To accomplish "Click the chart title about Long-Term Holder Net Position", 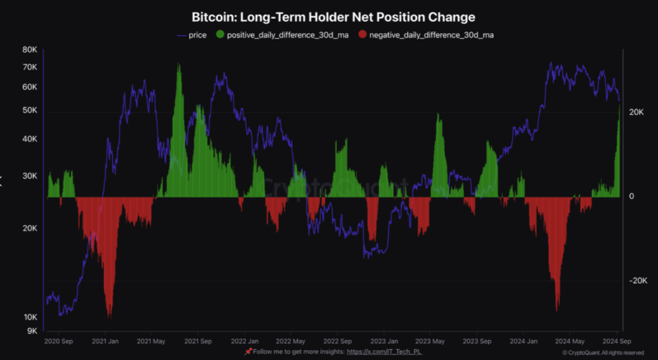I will coord(333,18).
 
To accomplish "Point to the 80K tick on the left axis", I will coord(29,49).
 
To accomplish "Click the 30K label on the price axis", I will coord(29,176).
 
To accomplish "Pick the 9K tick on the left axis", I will coord(31,331).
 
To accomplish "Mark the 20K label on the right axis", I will coord(636,113).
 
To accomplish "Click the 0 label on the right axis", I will coord(631,196).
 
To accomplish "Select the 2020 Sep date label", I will coord(59,341).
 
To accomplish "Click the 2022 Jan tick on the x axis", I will coord(245,341).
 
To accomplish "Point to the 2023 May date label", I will coord(430,341).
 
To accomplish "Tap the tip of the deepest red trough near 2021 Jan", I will coord(109,316).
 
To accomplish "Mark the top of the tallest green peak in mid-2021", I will coord(179,64).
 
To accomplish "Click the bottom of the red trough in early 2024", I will coord(557,310).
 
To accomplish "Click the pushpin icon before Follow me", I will coord(248,352).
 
